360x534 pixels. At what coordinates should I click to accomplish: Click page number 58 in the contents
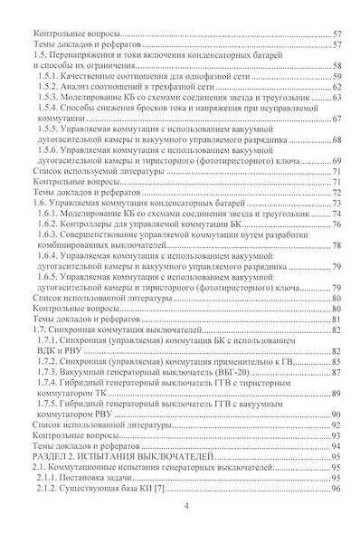click(x=335, y=68)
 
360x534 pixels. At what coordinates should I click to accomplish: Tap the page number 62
click(x=335, y=89)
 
